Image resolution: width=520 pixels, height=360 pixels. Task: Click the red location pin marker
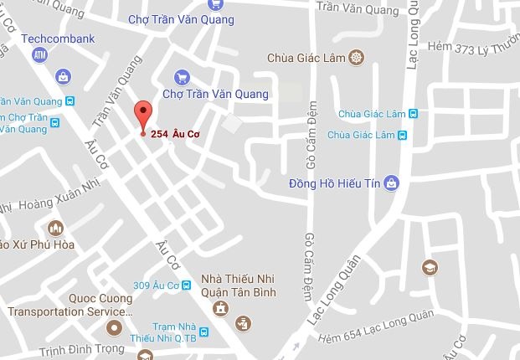143,114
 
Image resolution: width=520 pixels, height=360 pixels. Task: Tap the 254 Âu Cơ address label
179,134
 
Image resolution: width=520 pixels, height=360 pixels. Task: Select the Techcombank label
58,39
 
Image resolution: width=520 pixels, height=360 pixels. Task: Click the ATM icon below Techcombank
39,55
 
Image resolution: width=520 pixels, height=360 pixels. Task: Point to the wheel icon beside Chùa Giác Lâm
357,58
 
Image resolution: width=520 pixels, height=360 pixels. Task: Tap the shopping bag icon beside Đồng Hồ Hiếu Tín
390,183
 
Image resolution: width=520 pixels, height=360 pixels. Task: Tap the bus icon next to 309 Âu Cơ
189,285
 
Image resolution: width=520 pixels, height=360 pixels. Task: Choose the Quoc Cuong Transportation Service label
70,305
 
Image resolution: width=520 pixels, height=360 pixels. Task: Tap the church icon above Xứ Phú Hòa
56,228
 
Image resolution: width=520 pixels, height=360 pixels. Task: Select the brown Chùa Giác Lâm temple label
307,58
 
